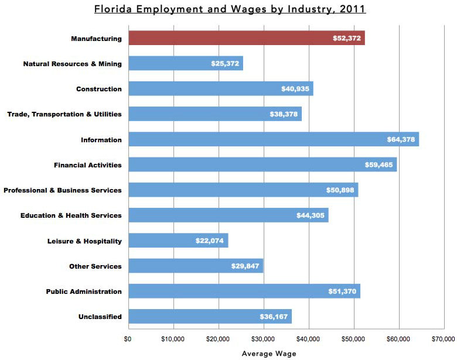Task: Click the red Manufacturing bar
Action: pos(246,38)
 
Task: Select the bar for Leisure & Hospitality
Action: pos(178,241)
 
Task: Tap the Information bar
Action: pos(274,139)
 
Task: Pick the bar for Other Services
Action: pos(196,266)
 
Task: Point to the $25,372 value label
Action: pos(225,63)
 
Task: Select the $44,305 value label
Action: pos(311,215)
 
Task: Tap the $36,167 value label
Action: pos(274,317)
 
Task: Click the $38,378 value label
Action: pos(284,114)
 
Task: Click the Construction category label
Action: pos(99,89)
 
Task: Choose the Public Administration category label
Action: pos(84,292)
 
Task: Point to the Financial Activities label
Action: pos(88,165)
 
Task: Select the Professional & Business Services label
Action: pos(63,190)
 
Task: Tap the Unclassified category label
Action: pos(100,317)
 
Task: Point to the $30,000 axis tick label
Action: pos(263,338)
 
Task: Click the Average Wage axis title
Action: pos(269,354)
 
